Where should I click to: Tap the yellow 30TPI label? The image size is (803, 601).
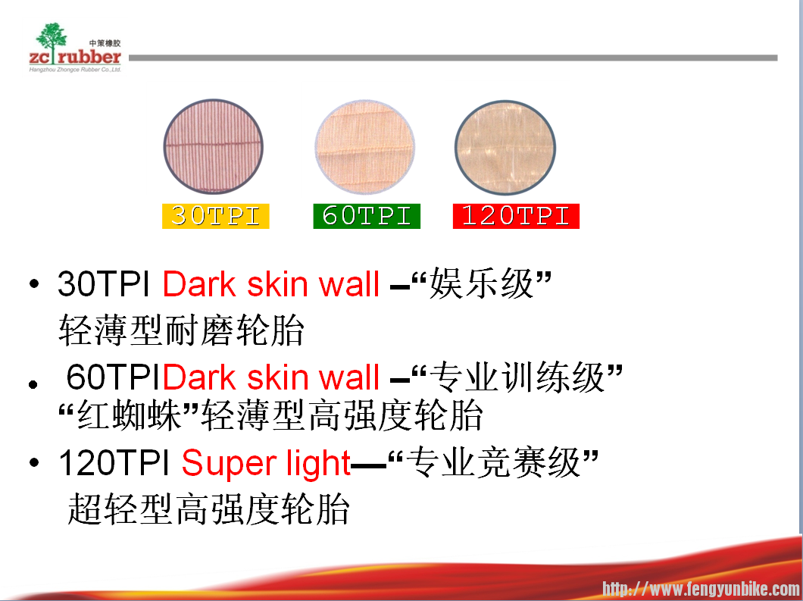[x=216, y=216]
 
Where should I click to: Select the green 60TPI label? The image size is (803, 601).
[x=367, y=216]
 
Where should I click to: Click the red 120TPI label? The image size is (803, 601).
[x=516, y=216]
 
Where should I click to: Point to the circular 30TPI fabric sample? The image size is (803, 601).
[x=213, y=146]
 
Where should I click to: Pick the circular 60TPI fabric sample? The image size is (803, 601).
[x=364, y=147]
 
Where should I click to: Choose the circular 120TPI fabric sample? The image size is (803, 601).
[x=505, y=148]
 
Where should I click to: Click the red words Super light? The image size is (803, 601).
[x=267, y=462]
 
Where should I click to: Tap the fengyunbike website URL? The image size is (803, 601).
[x=701, y=589]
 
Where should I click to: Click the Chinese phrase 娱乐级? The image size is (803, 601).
[x=481, y=284]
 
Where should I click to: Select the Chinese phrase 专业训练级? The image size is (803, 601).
[x=517, y=377]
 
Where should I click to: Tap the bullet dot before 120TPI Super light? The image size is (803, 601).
[x=34, y=462]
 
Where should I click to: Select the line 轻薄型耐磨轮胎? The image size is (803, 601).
[x=181, y=330]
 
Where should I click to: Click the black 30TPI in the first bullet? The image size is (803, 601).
[x=104, y=284]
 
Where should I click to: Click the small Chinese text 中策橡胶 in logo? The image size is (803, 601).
[x=105, y=43]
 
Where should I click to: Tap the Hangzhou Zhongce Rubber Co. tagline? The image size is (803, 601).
[x=75, y=69]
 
